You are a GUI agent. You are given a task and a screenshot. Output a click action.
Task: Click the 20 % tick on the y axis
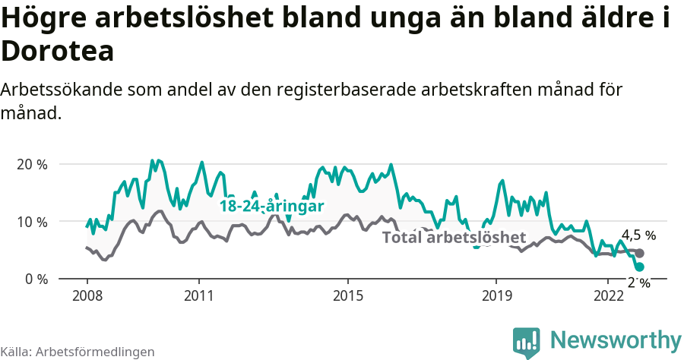point(31,164)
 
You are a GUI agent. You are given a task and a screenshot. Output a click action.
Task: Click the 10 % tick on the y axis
point(31,222)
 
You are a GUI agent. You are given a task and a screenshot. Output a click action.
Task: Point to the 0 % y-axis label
point(35,279)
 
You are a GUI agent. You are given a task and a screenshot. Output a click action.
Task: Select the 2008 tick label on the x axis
point(87,295)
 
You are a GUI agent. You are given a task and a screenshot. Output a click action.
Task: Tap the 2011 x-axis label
point(198,295)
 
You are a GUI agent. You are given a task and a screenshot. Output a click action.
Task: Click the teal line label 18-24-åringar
point(272,207)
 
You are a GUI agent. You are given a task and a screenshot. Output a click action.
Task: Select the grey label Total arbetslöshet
point(454,237)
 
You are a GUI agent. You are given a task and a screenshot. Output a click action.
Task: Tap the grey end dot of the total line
point(640,254)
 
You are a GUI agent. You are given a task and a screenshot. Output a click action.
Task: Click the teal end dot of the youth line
point(639,267)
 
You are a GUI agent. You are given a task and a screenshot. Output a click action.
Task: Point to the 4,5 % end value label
point(638,235)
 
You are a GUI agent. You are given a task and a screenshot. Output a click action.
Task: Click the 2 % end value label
point(638,283)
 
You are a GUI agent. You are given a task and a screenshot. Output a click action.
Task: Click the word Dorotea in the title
point(58,51)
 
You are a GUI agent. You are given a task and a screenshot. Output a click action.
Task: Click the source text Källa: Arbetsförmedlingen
point(78,352)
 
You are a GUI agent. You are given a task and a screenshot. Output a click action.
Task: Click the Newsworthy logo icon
point(527,342)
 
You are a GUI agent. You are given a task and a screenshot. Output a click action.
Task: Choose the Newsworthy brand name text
point(616,339)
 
